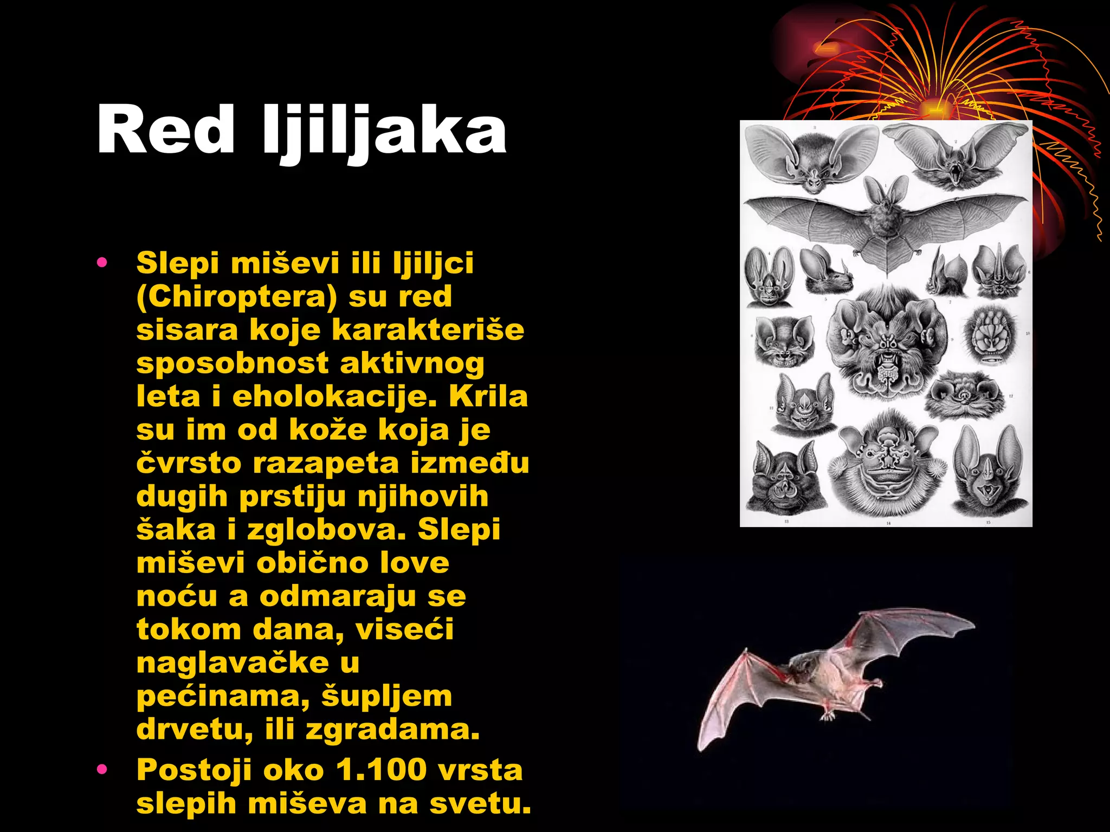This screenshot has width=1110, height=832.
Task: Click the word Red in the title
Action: [x=165, y=130]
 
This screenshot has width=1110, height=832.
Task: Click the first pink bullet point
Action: [x=102, y=263]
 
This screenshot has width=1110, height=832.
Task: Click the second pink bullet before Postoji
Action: [x=102, y=769]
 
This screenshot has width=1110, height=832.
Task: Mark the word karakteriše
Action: [x=428, y=330]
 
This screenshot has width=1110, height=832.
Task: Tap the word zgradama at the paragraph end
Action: [x=392, y=730]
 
